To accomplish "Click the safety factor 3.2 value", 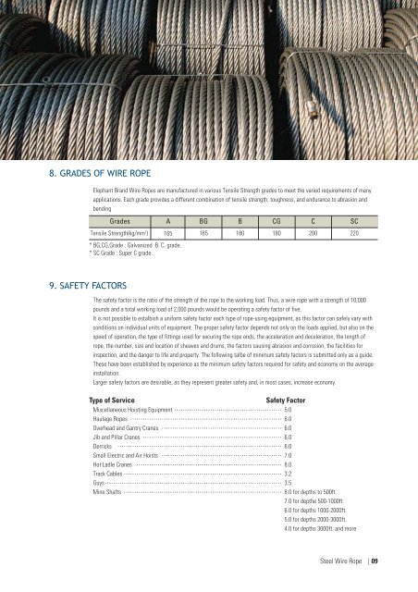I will point(288,473).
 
